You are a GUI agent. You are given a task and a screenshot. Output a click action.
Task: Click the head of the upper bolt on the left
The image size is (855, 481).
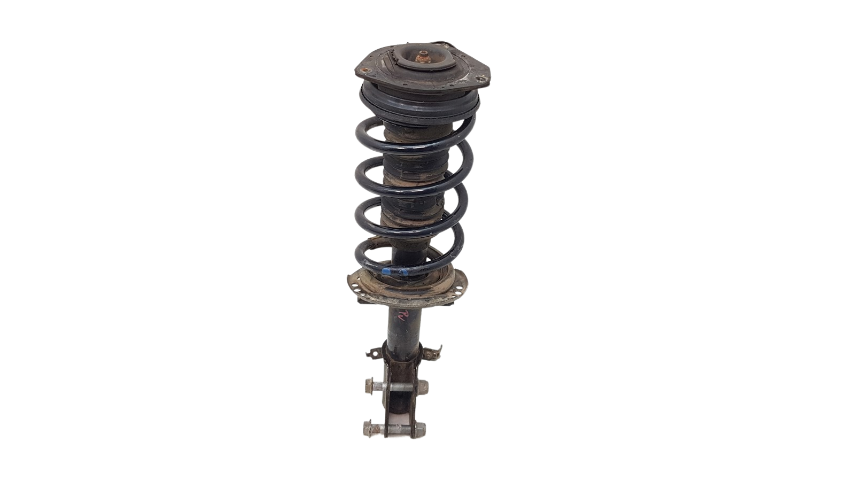click(x=369, y=384)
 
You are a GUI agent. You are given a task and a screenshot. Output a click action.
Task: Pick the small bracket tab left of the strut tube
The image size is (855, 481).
click(x=370, y=353)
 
